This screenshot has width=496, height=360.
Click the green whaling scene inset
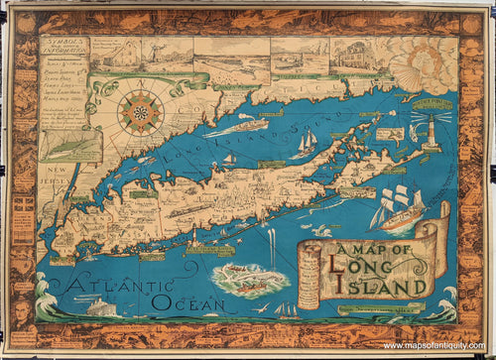tap(250, 280)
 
